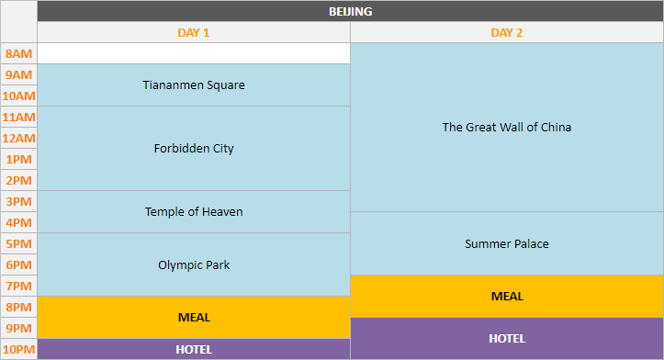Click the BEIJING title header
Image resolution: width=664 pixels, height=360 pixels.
tap(350, 12)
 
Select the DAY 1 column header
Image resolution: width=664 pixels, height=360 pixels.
tap(194, 33)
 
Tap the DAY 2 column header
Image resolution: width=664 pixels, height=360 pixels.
tap(507, 33)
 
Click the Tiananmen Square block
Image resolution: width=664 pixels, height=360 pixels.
tap(194, 85)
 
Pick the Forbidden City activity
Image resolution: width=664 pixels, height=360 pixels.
tap(194, 149)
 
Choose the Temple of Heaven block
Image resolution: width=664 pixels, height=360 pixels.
tap(194, 212)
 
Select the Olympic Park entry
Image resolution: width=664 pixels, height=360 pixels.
tap(194, 265)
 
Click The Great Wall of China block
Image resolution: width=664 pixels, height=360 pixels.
tap(507, 128)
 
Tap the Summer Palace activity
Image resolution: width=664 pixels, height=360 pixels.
tap(507, 244)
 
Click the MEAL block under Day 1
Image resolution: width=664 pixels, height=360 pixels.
tap(194, 318)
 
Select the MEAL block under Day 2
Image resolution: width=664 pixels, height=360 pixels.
tap(507, 297)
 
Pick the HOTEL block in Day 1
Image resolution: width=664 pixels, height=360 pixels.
tap(194, 350)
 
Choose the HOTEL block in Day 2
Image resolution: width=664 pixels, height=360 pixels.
tap(507, 339)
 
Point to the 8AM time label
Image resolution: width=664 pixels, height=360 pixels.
tap(18, 54)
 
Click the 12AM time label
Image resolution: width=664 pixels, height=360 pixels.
tap(18, 139)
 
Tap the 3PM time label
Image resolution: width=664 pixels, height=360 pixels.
tap(18, 202)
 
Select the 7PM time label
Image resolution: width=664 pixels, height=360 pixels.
tap(18, 287)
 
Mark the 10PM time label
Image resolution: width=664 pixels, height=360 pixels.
tap(18, 350)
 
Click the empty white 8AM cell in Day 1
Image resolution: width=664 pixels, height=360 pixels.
tap(194, 53)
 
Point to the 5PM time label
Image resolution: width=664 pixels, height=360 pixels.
tap(18, 244)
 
